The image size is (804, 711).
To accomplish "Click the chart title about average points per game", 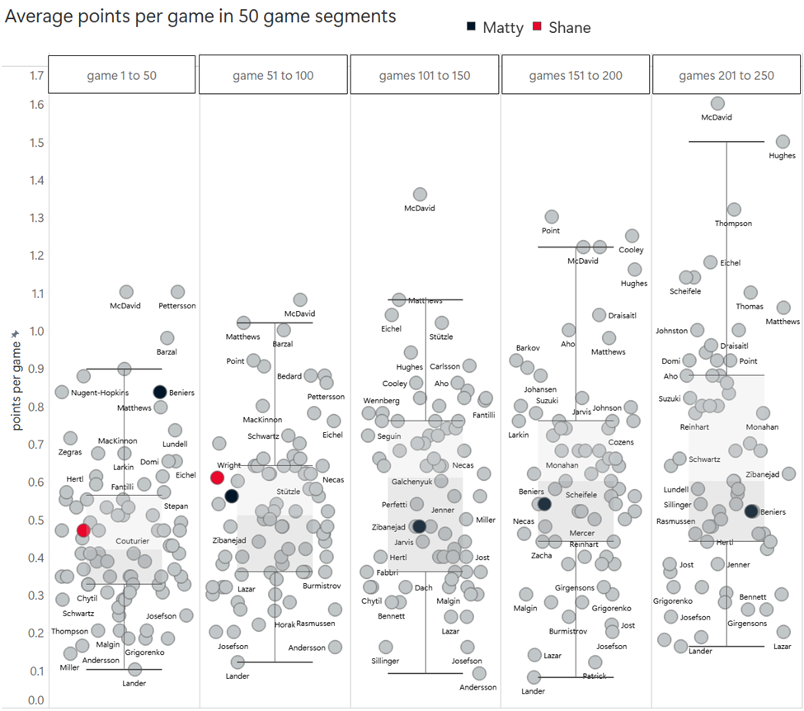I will point(200,16).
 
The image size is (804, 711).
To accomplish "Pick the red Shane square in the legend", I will point(537,27).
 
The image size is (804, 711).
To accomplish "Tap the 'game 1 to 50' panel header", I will point(122,75).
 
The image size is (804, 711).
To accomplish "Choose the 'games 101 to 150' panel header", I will point(425,75).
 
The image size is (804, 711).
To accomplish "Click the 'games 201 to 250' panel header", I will point(726,75).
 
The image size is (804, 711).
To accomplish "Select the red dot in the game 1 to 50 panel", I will point(82,530).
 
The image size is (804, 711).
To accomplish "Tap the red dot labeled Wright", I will point(218,478).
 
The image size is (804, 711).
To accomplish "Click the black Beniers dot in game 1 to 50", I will point(160,392).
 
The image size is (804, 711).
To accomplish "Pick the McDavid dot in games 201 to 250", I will point(717,103).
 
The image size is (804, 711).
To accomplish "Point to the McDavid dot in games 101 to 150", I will point(420,194).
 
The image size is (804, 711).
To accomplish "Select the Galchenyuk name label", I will point(411,482).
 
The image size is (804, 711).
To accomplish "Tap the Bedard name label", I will point(289,376).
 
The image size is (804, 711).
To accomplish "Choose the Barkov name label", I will point(528,348).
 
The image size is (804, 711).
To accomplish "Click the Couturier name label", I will point(132,541).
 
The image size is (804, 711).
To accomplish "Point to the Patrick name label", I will point(595,676).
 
